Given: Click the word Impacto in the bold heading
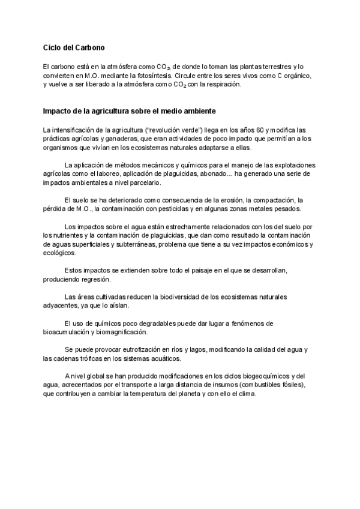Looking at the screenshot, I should tap(58, 112).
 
